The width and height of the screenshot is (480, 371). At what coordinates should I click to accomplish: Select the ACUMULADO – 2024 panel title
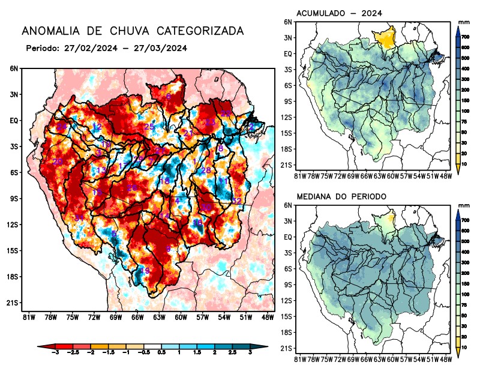click(x=340, y=13)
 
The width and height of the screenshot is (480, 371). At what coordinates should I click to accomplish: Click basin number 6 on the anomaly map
click(x=168, y=249)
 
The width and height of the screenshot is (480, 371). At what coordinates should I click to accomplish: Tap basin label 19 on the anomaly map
click(x=145, y=271)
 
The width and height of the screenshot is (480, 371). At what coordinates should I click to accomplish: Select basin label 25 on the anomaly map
click(x=149, y=127)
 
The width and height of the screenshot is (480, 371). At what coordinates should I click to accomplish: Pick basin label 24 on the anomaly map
click(x=62, y=126)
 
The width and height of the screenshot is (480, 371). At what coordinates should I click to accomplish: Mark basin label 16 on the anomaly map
click(x=197, y=223)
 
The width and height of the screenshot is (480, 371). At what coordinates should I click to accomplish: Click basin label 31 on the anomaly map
click(x=79, y=217)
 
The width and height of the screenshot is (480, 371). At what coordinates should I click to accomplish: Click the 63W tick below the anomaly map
click(x=158, y=317)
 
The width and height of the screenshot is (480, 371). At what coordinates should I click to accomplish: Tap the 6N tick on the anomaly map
click(x=13, y=69)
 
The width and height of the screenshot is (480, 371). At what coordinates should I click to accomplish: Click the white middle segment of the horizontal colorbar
click(x=151, y=346)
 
